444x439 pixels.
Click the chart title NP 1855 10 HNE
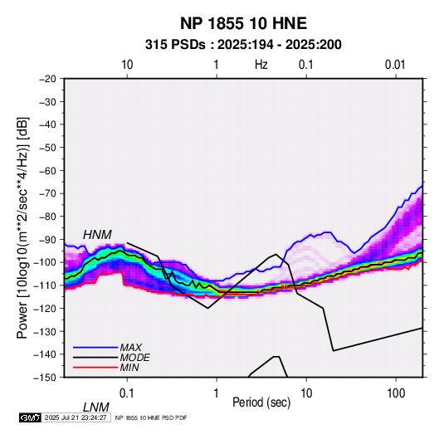click(x=243, y=23)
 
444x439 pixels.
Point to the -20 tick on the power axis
click(x=47, y=79)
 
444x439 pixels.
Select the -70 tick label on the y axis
click(x=47, y=193)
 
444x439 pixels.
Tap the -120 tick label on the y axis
click(x=46, y=308)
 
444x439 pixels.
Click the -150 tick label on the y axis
click(x=46, y=378)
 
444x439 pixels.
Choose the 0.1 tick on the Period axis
click(x=127, y=393)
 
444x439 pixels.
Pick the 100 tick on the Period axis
click(x=396, y=393)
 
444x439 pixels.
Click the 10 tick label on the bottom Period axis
click(x=306, y=393)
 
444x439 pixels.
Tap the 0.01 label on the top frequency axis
click(x=395, y=65)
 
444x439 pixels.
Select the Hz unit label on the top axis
click(x=261, y=65)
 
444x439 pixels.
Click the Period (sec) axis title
click(x=261, y=402)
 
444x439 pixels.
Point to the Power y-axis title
click(x=22, y=227)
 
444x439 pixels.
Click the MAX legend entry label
click(x=130, y=347)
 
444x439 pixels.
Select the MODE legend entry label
click(x=134, y=358)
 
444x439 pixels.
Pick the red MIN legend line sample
click(x=95, y=368)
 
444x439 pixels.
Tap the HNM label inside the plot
click(x=97, y=235)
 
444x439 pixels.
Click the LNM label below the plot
click(x=96, y=407)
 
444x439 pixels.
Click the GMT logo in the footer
click(x=30, y=417)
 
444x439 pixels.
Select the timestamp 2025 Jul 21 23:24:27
click(x=76, y=417)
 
